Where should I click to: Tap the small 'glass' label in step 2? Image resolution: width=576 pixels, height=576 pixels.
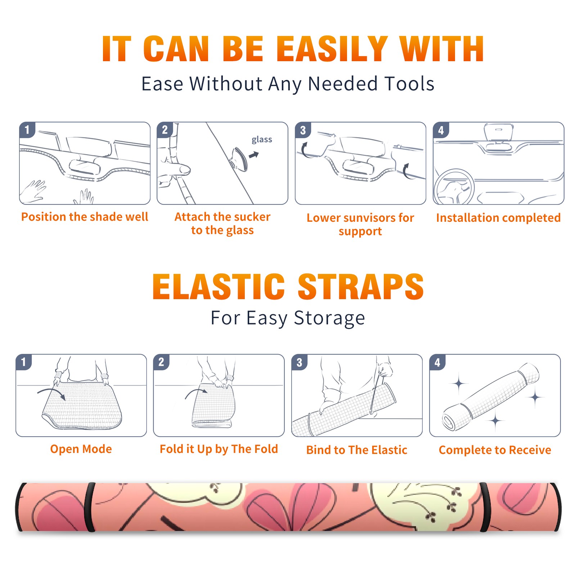pos(262,140)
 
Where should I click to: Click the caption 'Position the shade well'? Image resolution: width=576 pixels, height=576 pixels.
pos(85,217)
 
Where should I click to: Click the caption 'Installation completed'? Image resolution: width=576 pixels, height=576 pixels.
pos(498,218)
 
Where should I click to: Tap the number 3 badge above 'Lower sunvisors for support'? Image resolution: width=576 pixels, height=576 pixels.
pos(302,130)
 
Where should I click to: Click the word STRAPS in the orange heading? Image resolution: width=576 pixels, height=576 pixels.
pos(361,287)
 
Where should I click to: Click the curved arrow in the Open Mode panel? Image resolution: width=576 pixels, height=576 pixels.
pos(51,393)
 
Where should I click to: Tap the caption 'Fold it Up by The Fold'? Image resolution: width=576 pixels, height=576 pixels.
pos(219,449)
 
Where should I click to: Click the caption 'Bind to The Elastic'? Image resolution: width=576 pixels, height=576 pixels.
pos(357,450)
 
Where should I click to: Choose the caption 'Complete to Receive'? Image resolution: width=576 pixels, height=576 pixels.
pos(495,450)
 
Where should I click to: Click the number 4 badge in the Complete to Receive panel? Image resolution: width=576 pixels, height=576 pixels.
pos(437,362)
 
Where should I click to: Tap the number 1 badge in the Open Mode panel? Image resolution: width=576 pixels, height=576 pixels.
pos(24,362)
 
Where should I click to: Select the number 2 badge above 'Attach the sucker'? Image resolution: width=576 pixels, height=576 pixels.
pos(165,130)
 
